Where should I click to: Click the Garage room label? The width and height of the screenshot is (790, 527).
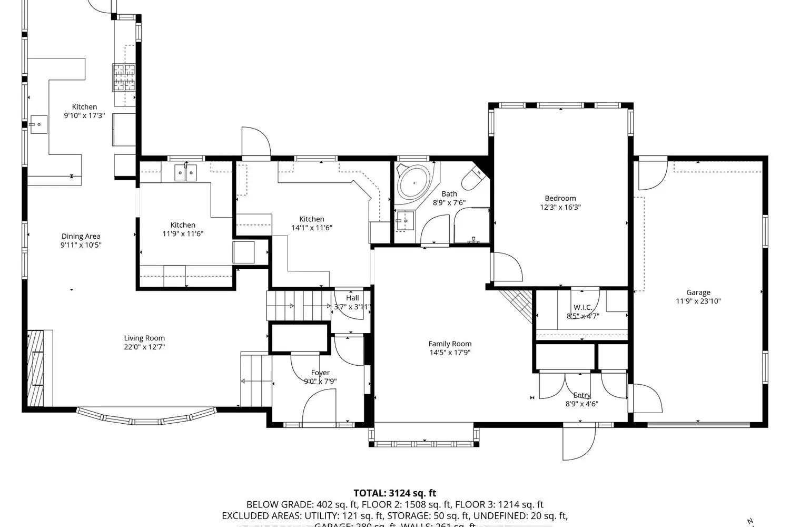click(x=698, y=292)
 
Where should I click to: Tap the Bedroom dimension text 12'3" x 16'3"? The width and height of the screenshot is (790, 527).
click(x=560, y=207)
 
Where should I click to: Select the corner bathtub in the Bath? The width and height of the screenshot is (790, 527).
click(x=414, y=182)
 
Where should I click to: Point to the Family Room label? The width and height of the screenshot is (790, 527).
click(x=450, y=344)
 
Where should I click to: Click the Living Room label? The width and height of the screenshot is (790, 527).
click(x=144, y=338)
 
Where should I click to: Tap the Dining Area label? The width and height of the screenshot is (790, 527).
click(x=81, y=236)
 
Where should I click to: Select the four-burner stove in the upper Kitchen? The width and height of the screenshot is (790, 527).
click(x=123, y=77)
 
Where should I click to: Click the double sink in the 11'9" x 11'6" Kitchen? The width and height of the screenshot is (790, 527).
click(x=185, y=172)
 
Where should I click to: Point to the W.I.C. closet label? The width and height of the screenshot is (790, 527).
click(x=582, y=307)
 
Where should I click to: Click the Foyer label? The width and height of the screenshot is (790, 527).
click(x=320, y=373)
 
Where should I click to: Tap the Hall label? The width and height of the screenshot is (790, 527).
click(x=352, y=298)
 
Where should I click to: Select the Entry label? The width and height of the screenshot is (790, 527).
click(x=582, y=395)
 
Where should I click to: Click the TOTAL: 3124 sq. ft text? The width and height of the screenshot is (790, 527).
click(x=394, y=493)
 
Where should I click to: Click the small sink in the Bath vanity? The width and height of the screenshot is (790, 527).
click(x=404, y=221)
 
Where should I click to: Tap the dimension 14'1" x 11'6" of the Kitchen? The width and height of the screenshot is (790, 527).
click(x=312, y=228)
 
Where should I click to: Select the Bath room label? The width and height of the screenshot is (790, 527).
click(x=449, y=194)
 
